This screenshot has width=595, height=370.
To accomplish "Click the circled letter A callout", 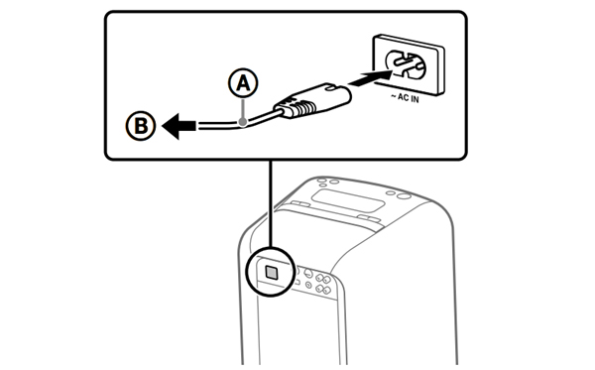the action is tap(243, 83).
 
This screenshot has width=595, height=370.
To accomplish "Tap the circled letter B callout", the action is tap(141, 126).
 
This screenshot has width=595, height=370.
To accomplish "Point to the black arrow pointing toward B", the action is tap(179, 126).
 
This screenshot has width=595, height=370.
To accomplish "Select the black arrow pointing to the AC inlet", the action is tap(370, 77).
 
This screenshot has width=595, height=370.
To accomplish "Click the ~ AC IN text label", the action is tap(405, 98).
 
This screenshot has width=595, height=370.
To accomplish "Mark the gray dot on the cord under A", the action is tap(243, 122).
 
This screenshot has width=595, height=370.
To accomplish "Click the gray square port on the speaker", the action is tap(272, 272).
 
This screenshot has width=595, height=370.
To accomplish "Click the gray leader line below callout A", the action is tap(243, 108).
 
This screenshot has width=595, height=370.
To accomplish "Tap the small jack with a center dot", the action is tap(308, 285).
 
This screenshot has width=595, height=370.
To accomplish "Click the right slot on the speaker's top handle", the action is tap(368, 218).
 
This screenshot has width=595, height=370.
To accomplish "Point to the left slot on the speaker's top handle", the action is tap(299, 205).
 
